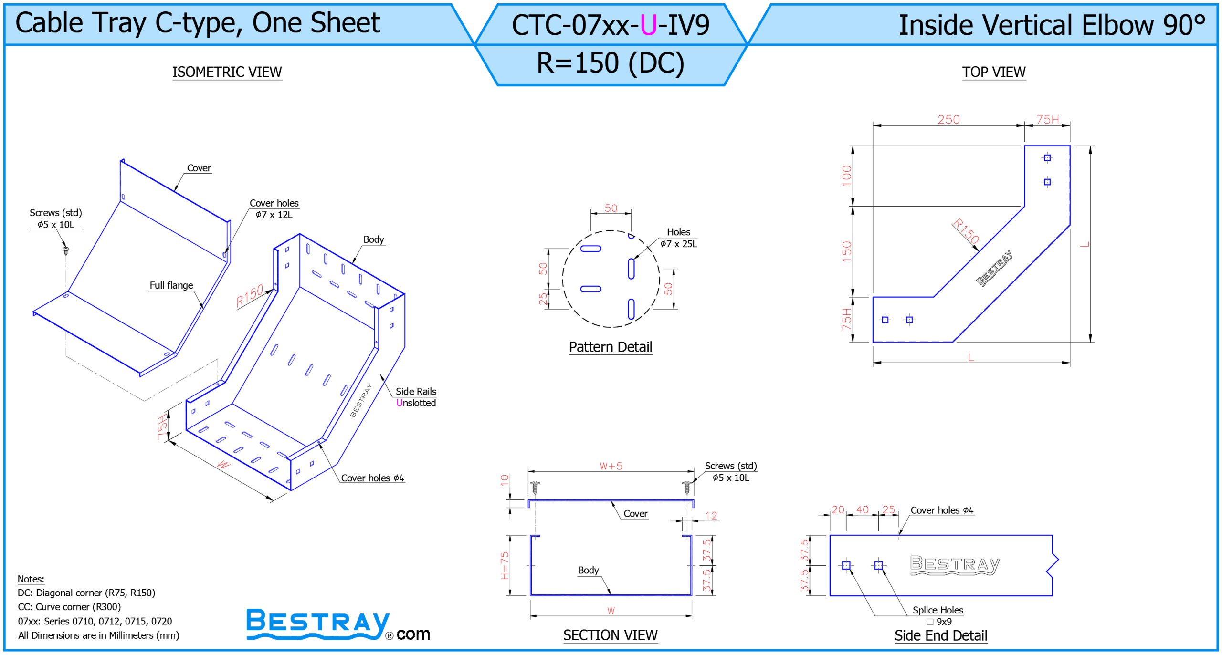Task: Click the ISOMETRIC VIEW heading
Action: click(227, 72)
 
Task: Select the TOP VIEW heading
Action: click(993, 72)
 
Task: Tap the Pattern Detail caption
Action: click(611, 347)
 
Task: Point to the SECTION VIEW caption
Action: click(610, 635)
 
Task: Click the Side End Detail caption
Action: click(941, 635)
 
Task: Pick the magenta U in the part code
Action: click(648, 25)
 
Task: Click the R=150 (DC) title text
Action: click(611, 63)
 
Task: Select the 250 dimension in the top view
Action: click(948, 119)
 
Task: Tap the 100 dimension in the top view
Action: click(847, 176)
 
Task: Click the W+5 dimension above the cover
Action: click(611, 466)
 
